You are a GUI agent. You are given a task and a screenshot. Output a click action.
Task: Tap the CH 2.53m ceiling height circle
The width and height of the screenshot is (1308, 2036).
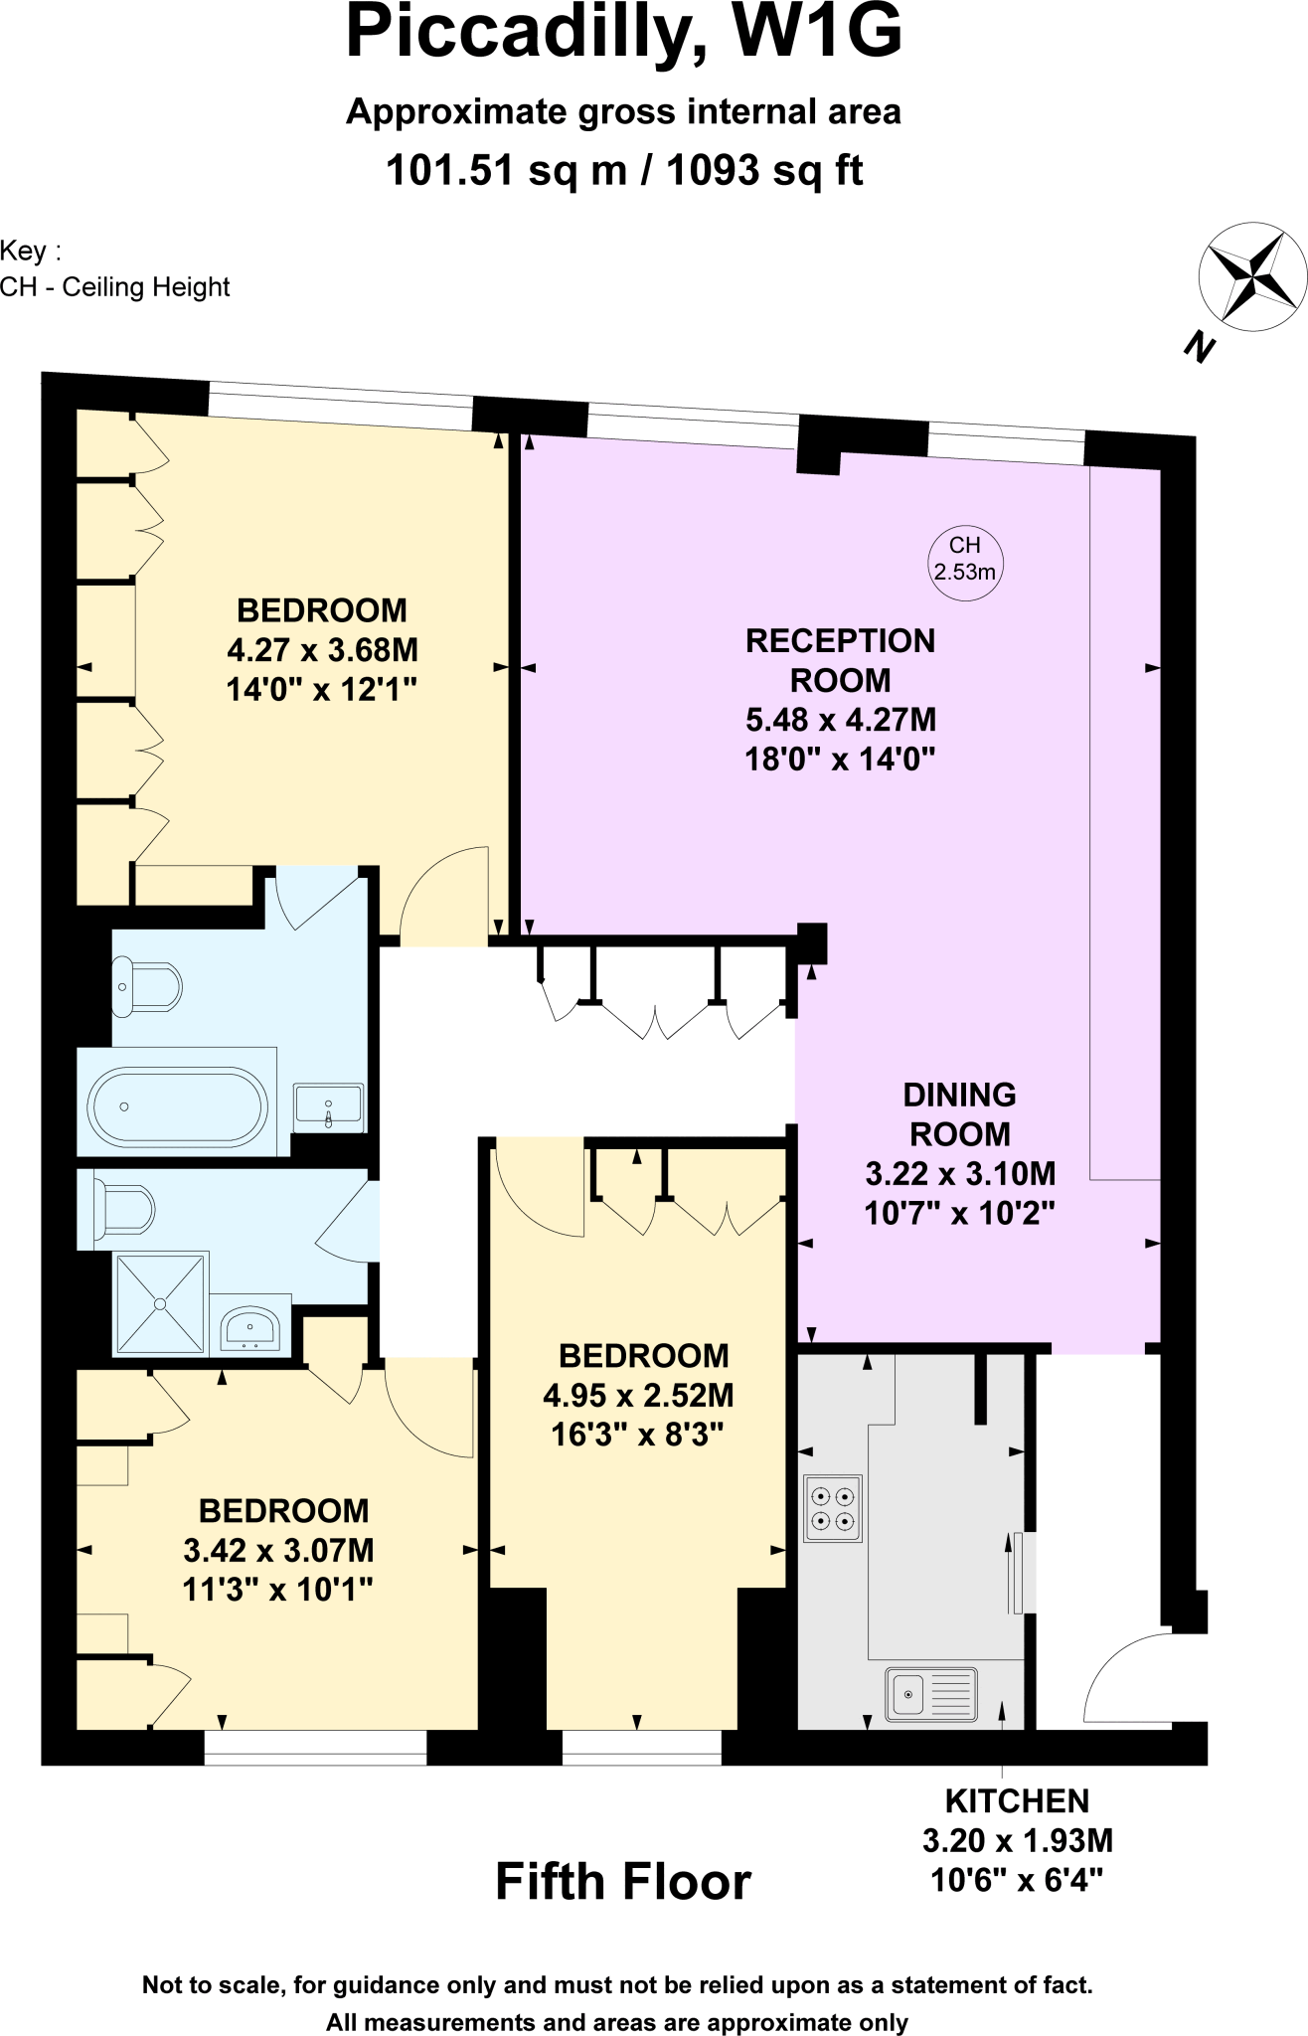965,560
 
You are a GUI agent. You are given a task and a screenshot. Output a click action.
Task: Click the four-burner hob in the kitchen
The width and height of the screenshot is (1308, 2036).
833,1508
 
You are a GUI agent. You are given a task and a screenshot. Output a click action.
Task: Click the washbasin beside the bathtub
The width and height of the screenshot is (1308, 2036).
329,1106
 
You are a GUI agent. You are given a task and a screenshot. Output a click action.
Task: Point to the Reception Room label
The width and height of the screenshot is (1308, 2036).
840,660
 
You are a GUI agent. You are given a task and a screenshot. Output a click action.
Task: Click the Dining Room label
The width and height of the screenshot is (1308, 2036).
959,1113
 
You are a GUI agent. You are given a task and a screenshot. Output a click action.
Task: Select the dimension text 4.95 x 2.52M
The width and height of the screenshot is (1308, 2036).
638,1395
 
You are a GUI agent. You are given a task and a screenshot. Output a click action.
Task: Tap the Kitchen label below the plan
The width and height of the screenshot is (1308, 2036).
1017,1800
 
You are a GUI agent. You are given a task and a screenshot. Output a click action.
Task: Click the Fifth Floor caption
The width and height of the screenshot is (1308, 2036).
623,1881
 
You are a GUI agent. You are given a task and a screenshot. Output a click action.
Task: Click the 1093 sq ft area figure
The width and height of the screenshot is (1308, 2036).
764,170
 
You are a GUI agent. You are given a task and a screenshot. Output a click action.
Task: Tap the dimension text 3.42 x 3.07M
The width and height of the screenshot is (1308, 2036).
278,1550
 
